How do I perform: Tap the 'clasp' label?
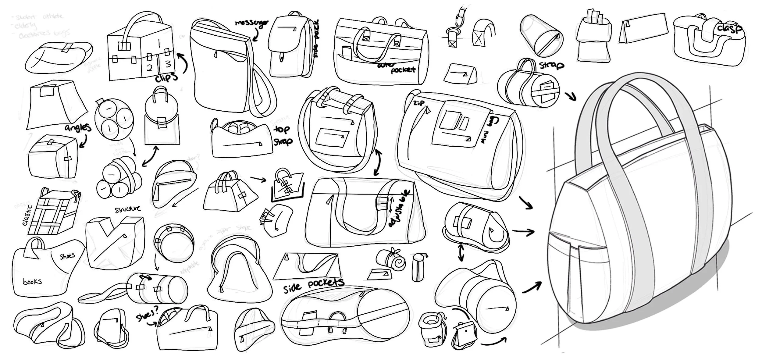(729, 29)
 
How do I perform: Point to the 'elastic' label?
(27, 215)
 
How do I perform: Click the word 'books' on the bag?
(32, 281)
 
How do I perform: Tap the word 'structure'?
(128, 209)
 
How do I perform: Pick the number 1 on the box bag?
(159, 43)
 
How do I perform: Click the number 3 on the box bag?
(168, 64)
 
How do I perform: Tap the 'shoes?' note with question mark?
(148, 315)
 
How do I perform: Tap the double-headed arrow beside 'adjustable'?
(391, 205)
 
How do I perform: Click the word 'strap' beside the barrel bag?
(551, 65)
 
